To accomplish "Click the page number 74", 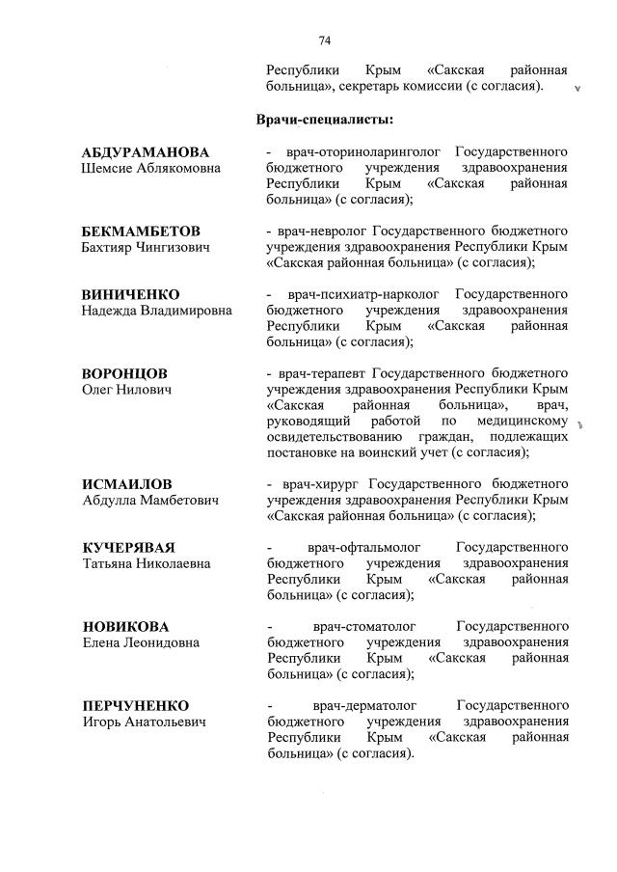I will point(325,40).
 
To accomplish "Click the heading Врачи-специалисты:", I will point(325,120).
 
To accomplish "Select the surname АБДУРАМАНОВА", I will point(146,152).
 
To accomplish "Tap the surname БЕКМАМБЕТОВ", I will point(141,232).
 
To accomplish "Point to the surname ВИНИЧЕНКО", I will point(131,294).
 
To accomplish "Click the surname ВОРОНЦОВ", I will point(124,373).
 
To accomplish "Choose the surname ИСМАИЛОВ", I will point(127,484).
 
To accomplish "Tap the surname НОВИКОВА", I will point(124,626).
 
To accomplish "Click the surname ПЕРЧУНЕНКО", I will point(135,705).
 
